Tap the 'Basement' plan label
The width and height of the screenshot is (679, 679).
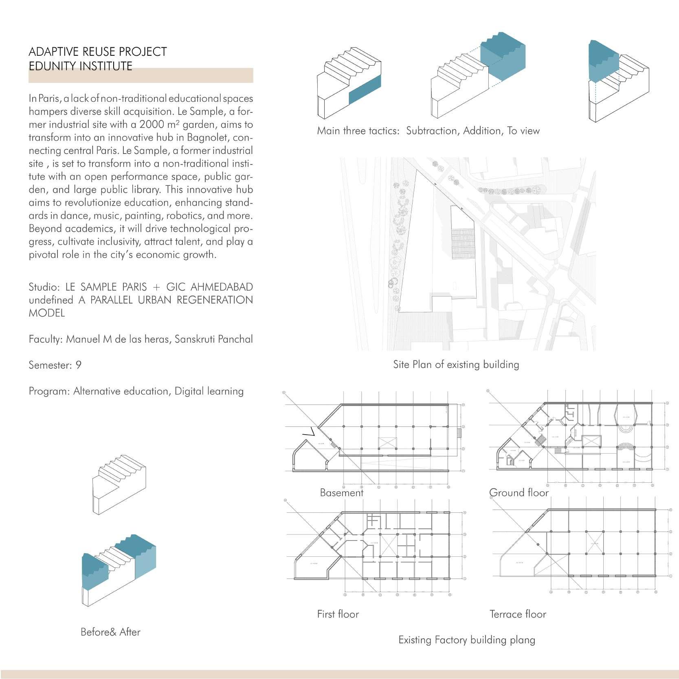point(341,493)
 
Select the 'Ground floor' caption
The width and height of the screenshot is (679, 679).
point(519,493)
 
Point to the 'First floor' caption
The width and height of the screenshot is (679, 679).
point(338,614)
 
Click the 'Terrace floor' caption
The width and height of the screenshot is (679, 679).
point(517,614)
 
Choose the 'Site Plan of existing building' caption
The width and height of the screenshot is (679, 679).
point(456,365)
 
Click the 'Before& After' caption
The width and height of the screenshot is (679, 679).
point(110,632)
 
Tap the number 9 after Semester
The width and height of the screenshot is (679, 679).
point(79,365)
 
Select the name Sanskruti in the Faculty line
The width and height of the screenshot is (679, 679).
point(194,339)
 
